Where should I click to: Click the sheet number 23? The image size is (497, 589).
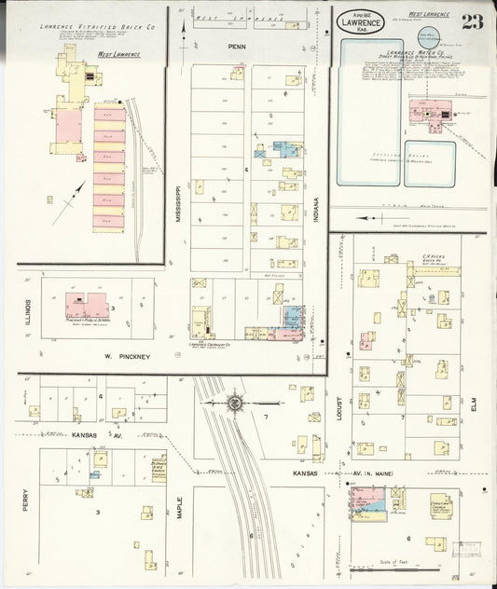click(472, 21)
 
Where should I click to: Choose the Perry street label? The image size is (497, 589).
click(26, 500)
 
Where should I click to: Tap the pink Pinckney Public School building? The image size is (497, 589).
click(86, 306)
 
